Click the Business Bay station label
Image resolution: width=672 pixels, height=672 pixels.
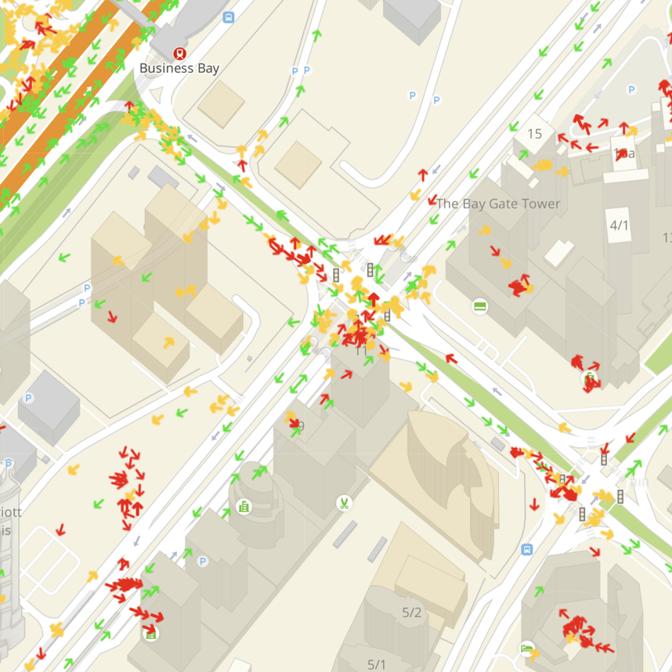179,68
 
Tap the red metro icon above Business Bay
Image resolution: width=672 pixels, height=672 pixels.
179,53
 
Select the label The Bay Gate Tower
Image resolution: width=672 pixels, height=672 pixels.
498,204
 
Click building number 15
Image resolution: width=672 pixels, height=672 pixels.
535,134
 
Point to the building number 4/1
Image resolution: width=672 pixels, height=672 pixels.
620,226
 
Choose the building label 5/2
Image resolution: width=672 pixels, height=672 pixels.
412,612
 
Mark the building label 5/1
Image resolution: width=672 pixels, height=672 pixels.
377,665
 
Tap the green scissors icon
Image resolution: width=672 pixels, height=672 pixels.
344,503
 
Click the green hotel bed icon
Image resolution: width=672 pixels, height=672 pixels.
527,649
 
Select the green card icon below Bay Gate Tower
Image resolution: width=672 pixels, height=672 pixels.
481,305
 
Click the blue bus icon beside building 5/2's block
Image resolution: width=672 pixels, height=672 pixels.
526,550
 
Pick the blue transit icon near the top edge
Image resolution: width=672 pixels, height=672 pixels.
228,17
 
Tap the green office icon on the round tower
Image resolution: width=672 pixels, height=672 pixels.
244,508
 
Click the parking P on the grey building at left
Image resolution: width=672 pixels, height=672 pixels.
28,398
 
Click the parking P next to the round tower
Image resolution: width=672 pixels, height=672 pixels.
203,561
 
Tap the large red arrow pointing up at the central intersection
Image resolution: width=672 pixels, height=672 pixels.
374,299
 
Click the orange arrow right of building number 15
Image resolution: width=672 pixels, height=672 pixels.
543,165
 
